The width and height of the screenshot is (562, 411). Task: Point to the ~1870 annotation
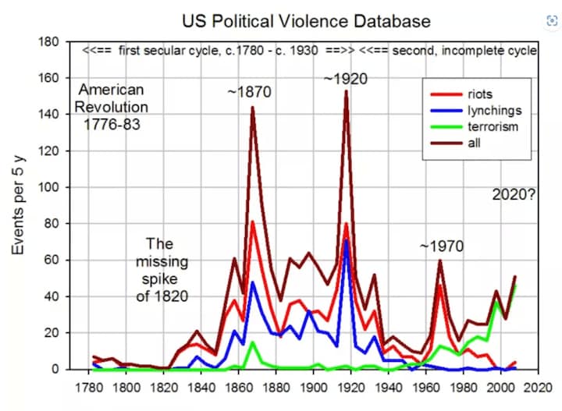point(249,92)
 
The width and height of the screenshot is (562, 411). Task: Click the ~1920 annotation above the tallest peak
point(345,79)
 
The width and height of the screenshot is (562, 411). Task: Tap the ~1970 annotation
point(441,246)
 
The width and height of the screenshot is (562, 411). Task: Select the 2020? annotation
point(514,195)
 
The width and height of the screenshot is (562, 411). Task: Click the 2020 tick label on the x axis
point(534,386)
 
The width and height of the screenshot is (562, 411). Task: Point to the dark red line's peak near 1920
point(346,91)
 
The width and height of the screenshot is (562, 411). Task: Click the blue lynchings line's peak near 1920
point(346,239)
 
